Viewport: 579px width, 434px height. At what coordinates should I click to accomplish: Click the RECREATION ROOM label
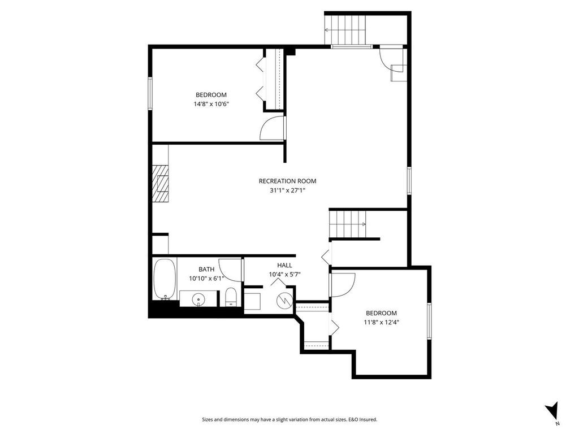point(287,181)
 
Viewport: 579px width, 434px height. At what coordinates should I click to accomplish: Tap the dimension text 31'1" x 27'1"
point(287,190)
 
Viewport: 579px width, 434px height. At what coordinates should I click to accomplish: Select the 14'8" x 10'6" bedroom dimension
point(211,104)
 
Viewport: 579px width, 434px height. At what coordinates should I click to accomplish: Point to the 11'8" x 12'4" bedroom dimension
point(381,323)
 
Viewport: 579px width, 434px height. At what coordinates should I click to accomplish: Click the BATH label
point(206,270)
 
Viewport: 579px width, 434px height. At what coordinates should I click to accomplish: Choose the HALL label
point(284,265)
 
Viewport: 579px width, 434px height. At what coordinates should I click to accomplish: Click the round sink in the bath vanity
point(199,298)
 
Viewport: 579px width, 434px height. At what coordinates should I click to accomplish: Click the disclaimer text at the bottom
point(289,419)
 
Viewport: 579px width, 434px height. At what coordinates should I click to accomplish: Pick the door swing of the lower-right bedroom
point(343,282)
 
